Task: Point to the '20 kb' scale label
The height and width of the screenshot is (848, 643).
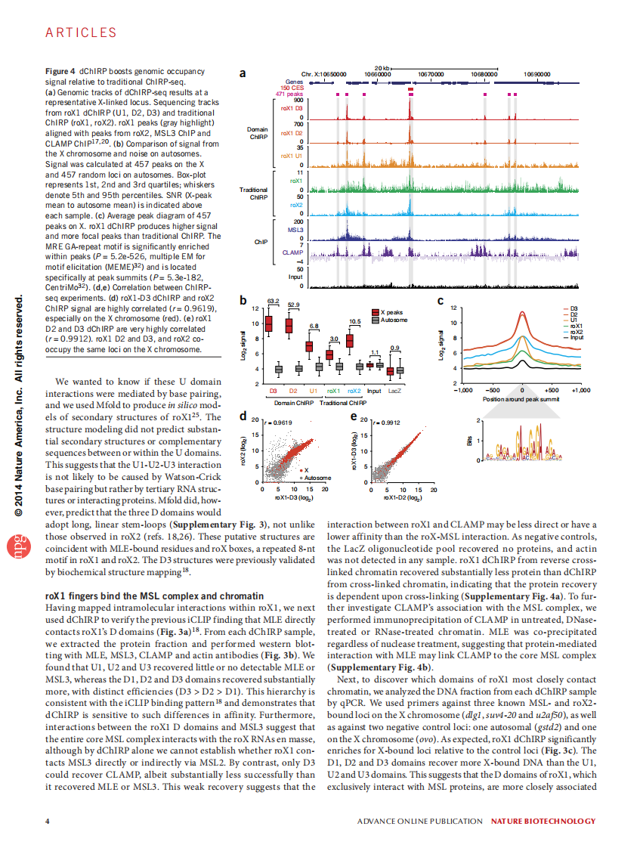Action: pos(382,68)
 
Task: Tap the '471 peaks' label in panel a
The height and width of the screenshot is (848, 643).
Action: pos(290,94)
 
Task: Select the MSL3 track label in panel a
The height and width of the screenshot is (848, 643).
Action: pos(295,229)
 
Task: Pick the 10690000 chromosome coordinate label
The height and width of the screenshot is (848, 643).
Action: pos(537,74)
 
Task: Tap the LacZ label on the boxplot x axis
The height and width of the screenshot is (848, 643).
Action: pos(394,391)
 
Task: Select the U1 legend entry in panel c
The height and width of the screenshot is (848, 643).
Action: pos(573,320)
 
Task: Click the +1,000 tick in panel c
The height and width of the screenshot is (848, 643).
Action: pos(580,391)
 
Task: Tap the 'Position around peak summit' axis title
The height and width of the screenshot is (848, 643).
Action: pos(521,398)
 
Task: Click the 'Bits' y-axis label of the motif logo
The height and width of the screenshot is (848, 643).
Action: pos(469,439)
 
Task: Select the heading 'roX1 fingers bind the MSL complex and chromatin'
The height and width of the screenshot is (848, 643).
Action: pos(155,596)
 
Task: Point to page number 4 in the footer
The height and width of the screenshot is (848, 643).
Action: pos(48,821)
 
